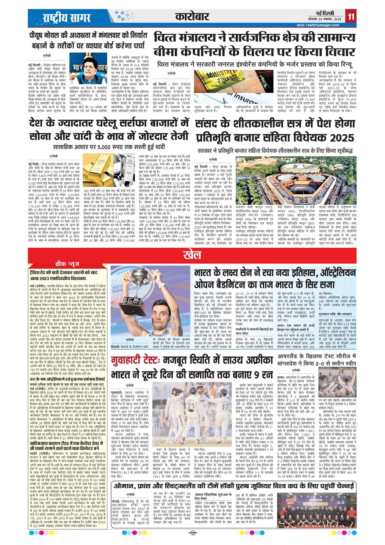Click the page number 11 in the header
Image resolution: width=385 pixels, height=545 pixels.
click(x=351, y=17)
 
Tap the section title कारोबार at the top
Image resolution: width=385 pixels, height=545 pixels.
click(x=192, y=17)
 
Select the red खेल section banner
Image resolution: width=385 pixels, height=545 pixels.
click(x=192, y=267)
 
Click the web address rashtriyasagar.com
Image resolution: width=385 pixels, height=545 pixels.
click(x=320, y=25)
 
